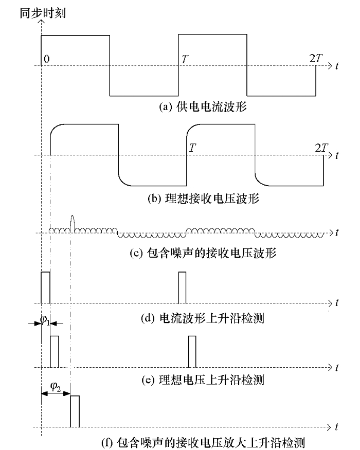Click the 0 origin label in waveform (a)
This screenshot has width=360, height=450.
47,59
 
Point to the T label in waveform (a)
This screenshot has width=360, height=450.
184,59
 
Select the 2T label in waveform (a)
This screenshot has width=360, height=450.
316,59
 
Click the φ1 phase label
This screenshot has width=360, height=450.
46,319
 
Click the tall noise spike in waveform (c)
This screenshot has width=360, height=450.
71,222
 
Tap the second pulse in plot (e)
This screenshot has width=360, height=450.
192,351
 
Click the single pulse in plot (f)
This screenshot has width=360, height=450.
75,411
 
